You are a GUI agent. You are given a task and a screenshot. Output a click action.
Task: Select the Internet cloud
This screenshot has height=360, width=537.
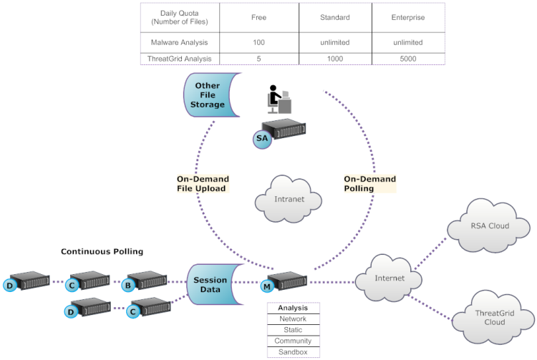389,278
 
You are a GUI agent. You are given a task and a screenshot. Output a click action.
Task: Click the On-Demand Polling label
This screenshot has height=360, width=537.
369,184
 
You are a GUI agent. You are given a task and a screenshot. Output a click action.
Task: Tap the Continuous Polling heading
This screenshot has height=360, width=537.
102,251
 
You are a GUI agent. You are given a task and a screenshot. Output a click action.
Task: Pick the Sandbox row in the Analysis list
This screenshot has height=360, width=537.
293,351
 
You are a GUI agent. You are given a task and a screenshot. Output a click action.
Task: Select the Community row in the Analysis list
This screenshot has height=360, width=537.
293,341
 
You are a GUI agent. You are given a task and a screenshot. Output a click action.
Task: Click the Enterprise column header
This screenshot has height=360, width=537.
407,17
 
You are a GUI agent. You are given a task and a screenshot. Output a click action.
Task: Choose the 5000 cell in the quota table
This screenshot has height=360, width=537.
407,58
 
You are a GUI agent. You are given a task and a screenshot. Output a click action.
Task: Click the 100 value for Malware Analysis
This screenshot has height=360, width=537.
259,42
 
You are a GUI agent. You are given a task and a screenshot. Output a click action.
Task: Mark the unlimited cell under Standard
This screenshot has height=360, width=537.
335,42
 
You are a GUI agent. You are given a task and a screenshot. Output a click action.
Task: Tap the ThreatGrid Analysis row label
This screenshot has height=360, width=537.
180,58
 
